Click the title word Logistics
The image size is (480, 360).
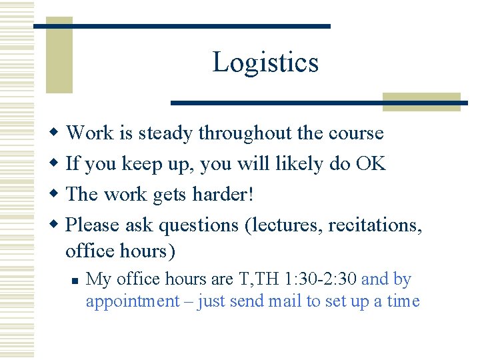pyautogui.click(x=265, y=62)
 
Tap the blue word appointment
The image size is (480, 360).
pyautogui.click(x=133, y=301)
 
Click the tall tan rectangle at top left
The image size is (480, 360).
pyautogui.click(x=59, y=55)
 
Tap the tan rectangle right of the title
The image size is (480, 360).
pyautogui.click(x=421, y=101)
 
